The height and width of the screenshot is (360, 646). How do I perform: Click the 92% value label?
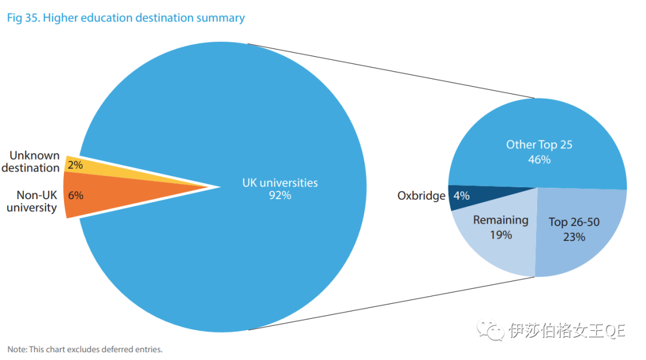280,195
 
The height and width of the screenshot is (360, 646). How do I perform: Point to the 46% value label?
539,160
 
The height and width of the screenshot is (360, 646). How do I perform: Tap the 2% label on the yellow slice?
75,165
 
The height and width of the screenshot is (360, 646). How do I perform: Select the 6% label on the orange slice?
75,195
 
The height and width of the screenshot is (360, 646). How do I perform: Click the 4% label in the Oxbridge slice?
461,196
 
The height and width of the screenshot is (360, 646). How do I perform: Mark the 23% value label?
574,237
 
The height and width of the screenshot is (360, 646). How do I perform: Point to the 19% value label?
501,235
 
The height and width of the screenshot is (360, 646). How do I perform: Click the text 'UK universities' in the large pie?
280,182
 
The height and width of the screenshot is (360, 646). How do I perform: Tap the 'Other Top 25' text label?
539,145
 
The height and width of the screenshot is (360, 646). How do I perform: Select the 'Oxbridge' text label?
421,196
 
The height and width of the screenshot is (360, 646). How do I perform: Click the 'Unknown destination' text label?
31,161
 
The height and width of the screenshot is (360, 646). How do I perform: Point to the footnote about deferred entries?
85,349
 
